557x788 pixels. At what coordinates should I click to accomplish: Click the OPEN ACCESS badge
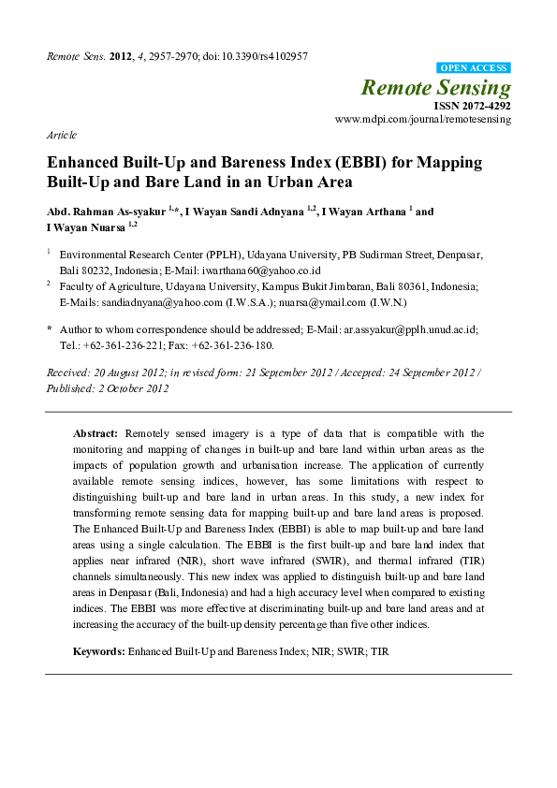[475, 68]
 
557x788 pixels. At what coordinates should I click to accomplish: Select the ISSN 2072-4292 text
[472, 107]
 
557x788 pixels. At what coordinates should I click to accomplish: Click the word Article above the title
[62, 135]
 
